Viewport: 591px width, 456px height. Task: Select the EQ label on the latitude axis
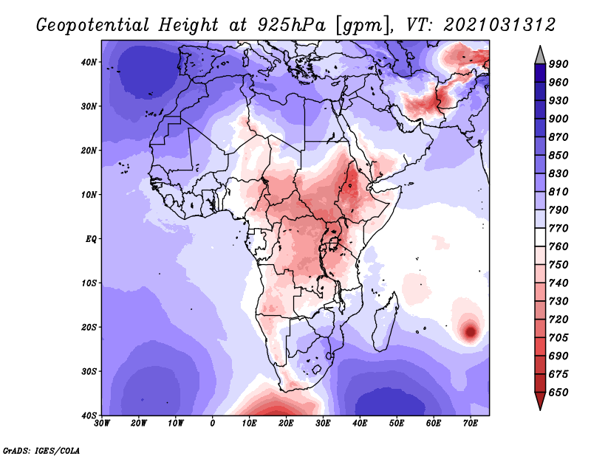[91, 239]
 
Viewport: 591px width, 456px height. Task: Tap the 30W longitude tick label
[103, 424]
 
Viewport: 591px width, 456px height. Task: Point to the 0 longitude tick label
[213, 424]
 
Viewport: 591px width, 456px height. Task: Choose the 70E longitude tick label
[470, 424]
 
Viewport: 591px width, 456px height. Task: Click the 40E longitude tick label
[360, 424]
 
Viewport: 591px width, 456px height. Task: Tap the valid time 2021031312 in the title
[499, 24]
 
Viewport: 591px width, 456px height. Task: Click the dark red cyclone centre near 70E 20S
[469, 332]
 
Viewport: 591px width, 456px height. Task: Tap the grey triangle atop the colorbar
[540, 55]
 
